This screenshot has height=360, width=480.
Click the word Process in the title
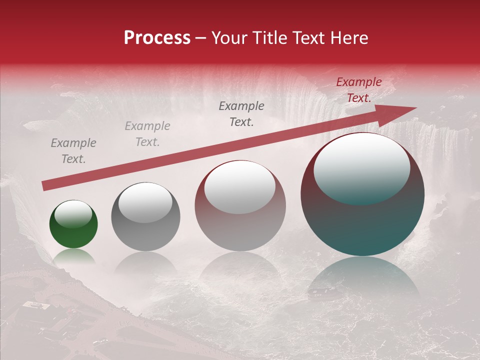[157, 38]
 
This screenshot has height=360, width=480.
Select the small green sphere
[73, 224]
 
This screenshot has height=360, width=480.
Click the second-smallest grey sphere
[145, 216]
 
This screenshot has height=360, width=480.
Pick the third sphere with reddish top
[240, 205]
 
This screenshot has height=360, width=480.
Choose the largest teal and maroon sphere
[362, 194]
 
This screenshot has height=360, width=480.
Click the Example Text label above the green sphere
[73, 151]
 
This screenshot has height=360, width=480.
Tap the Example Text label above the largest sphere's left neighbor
[241, 113]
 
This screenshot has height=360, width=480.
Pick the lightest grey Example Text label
[147, 134]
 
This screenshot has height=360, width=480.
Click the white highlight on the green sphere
[73, 214]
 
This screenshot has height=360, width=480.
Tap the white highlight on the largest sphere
[361, 167]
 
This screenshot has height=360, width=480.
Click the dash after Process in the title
[201, 38]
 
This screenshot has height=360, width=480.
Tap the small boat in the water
[318, 291]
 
